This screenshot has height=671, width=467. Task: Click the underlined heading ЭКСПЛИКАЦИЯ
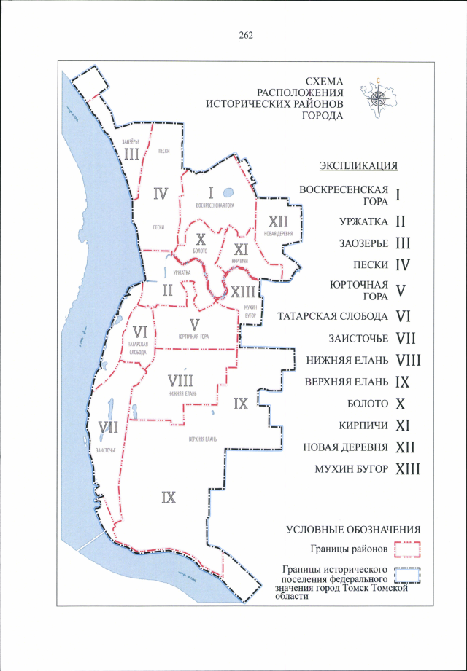click(358, 165)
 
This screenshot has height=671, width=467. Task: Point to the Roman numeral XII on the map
click(280, 221)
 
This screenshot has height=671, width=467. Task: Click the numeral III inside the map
click(131, 154)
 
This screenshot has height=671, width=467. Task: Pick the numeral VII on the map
click(107, 428)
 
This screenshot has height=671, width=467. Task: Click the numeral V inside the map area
click(193, 323)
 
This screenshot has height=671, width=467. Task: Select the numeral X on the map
click(201, 238)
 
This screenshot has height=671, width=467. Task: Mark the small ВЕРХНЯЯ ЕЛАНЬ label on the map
click(204, 439)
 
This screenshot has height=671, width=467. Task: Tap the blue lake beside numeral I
click(228, 194)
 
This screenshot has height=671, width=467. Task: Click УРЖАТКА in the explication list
click(363, 221)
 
